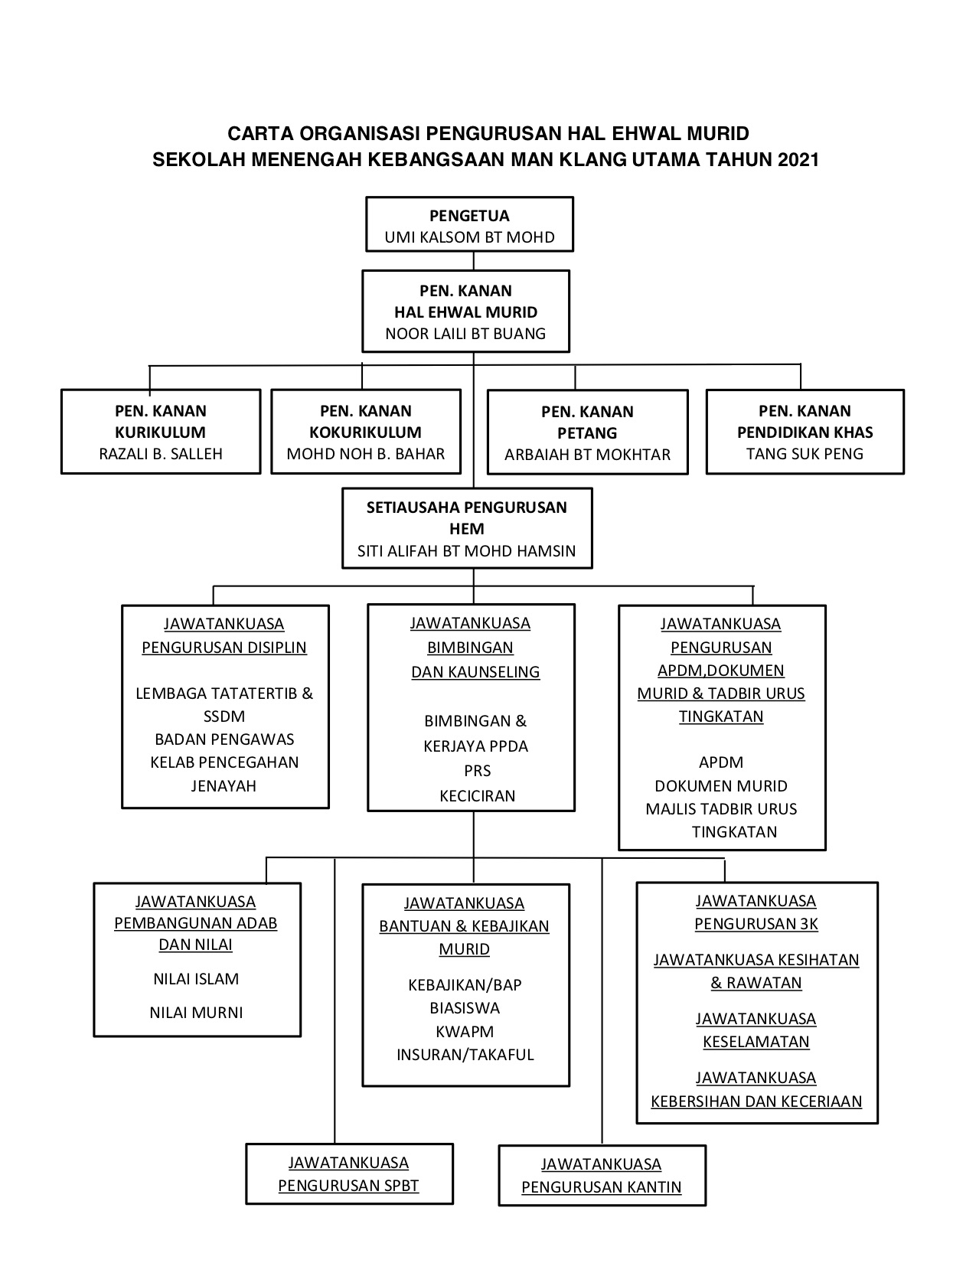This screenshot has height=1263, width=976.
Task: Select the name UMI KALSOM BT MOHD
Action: click(x=470, y=237)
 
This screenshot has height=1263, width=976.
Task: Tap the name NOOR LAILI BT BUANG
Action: click(x=465, y=334)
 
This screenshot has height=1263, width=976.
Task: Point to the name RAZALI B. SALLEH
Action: click(x=161, y=454)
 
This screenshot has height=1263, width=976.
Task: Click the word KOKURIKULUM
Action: click(x=366, y=432)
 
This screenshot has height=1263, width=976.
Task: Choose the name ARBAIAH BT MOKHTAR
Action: click(x=587, y=455)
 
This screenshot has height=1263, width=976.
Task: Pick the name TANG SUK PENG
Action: click(x=805, y=454)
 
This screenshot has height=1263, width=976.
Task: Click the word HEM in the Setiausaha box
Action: click(x=467, y=529)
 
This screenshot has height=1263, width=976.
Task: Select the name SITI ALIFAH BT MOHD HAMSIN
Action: click(x=466, y=551)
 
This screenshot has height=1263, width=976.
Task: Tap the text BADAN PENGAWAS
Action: click(x=224, y=739)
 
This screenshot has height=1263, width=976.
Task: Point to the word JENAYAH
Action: click(x=224, y=786)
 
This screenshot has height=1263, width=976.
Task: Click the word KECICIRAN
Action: click(x=477, y=796)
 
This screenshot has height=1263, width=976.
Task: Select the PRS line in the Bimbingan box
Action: click(x=477, y=771)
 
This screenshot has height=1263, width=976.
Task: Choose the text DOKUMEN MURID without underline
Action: click(x=721, y=786)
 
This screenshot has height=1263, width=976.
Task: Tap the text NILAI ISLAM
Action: click(x=196, y=979)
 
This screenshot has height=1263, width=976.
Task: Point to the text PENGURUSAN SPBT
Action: click(x=349, y=1186)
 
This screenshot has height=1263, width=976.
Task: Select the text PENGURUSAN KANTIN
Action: click(x=602, y=1187)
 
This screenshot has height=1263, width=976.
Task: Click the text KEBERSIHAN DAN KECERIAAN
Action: click(x=756, y=1101)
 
